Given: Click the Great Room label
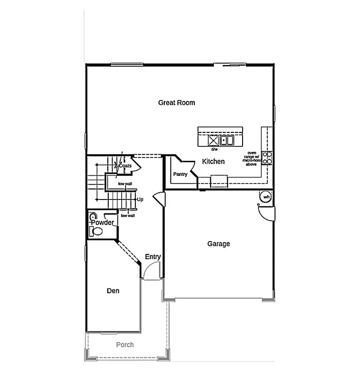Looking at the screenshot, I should click(x=176, y=102).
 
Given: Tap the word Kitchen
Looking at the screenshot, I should click(x=213, y=161).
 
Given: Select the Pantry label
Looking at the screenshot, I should click(x=180, y=174).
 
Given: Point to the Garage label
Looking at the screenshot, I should click(x=218, y=244).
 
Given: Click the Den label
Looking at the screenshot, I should click(x=113, y=291).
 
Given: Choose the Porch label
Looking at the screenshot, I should click(x=125, y=344).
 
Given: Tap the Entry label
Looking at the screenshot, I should click(x=153, y=257).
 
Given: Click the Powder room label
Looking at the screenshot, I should click(x=103, y=222).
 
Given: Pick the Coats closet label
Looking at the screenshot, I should click(x=125, y=166).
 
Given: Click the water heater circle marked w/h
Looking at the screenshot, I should click(x=266, y=197).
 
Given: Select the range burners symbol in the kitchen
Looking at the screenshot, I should click(x=267, y=158).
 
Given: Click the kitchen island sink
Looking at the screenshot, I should click(x=226, y=141).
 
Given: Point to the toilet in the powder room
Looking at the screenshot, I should click(x=96, y=231).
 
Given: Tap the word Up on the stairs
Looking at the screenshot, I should click(x=140, y=199).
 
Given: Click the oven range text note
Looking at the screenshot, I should click(x=252, y=158).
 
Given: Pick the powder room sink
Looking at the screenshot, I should click(x=93, y=217).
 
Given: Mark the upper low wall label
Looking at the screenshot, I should click(x=125, y=184).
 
